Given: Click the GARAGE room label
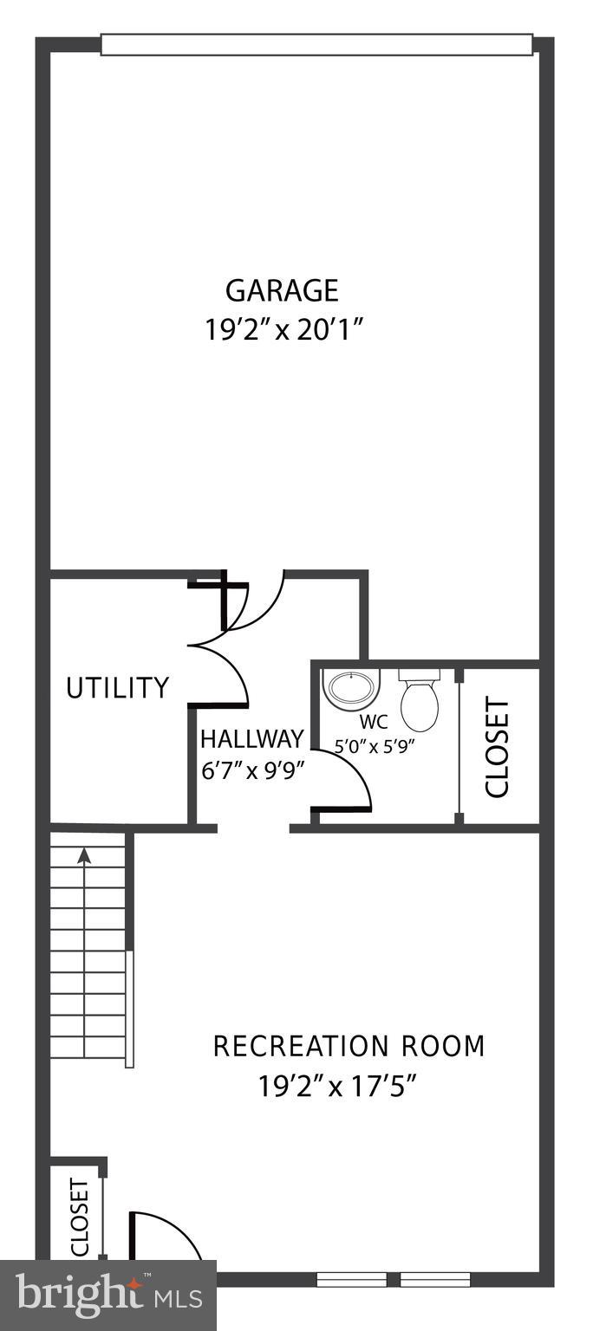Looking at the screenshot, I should pos(282,289).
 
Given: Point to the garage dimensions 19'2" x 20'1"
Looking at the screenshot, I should pos(283,331).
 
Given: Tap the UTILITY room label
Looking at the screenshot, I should pos(118,688).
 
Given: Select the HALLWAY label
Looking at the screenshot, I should pos(252,739).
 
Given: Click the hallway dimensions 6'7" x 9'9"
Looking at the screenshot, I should pos(252,770).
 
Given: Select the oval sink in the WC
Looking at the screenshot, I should pos(351,689).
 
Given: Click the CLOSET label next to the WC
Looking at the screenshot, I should pos(498,747).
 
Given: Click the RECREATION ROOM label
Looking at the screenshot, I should pos(349,1046).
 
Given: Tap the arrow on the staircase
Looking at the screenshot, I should pos(84,856).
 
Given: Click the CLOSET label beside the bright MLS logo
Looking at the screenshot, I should pos(80,1216).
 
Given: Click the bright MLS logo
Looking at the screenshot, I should pos(108,1295).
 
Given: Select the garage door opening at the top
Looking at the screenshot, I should pos(316,44).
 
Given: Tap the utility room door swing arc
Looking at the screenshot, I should pos(227,667).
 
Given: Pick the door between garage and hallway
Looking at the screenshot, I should pos(258,602).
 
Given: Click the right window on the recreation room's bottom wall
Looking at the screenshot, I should pos(435,1278).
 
